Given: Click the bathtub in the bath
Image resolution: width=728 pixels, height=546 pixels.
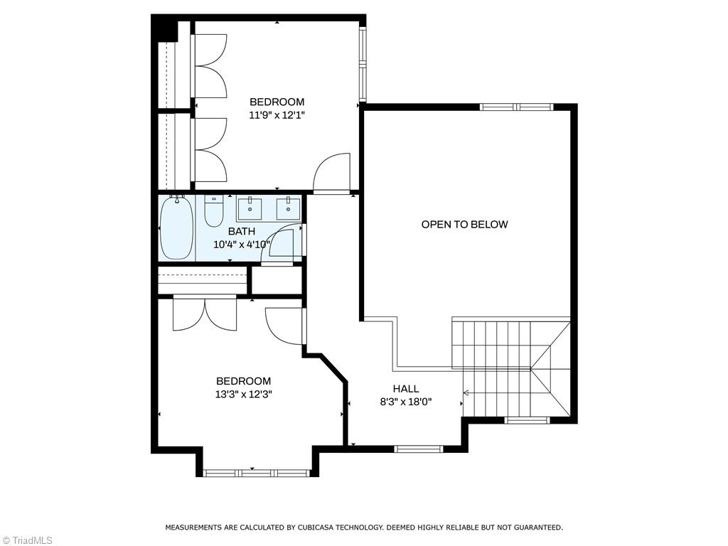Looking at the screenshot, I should (x=176, y=228).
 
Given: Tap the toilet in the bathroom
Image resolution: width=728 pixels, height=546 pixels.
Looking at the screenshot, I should (x=213, y=210).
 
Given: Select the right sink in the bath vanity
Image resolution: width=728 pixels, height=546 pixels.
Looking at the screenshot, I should (x=289, y=208).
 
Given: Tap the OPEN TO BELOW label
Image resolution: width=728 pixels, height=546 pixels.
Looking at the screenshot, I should (x=464, y=225).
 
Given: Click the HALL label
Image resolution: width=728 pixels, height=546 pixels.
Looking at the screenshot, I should (x=406, y=389).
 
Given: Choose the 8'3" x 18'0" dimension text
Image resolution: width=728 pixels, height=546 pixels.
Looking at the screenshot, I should (x=406, y=402).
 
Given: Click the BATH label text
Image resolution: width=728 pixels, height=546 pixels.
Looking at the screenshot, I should (x=241, y=232).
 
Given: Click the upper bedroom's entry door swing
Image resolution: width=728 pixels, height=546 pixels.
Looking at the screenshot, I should (x=333, y=173).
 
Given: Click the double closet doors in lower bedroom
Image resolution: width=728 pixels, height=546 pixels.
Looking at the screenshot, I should (x=205, y=314).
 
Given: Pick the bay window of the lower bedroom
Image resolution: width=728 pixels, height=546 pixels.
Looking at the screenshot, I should (x=257, y=472).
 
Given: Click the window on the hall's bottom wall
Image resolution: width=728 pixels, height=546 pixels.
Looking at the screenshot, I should (x=419, y=449).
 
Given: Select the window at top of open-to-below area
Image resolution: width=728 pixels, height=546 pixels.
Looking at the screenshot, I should (x=516, y=107).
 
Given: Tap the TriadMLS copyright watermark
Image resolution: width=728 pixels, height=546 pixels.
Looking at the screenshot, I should (x=27, y=540).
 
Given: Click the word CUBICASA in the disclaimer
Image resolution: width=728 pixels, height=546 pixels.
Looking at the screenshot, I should (x=316, y=528).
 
